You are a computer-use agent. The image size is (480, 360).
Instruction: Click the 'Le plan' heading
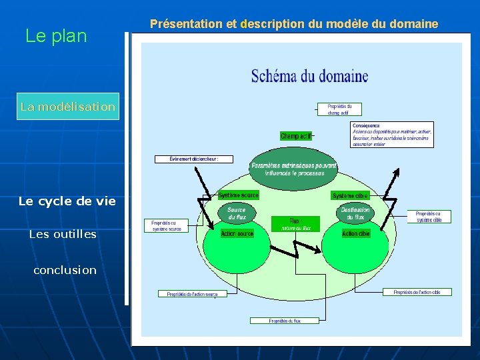pos(56,36)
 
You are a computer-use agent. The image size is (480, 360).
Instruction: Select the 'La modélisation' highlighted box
pos(68,107)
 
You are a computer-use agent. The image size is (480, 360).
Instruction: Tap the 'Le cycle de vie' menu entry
pos(67,201)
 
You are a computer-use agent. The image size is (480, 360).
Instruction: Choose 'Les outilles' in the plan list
pos(63,234)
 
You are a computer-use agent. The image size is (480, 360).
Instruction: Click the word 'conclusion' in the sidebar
pos(65,270)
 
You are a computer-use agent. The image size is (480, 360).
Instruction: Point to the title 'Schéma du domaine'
pos(309,76)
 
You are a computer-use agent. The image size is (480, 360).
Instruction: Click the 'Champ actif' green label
pos(296,136)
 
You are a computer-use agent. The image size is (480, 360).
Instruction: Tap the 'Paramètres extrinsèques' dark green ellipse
pos(293,169)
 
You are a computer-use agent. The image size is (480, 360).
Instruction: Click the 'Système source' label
pos(239,195)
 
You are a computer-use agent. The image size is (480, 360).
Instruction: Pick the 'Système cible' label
pos(350,196)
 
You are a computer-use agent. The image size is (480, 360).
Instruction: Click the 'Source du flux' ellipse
pos(236,213)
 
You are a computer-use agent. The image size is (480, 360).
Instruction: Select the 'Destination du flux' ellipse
pos(355,213)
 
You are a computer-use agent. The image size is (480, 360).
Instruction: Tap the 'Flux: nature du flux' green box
pos(295,224)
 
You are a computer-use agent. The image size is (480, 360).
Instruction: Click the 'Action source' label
pos(237,234)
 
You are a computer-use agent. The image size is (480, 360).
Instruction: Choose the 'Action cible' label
pos(355,234)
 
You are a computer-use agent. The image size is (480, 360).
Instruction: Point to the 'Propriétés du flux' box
pos(285,321)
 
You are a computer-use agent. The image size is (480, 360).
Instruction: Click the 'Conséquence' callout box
pos(392,135)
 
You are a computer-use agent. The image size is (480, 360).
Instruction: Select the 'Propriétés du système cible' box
pos(429,217)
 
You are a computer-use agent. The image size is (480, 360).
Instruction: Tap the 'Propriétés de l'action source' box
pos(192,294)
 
